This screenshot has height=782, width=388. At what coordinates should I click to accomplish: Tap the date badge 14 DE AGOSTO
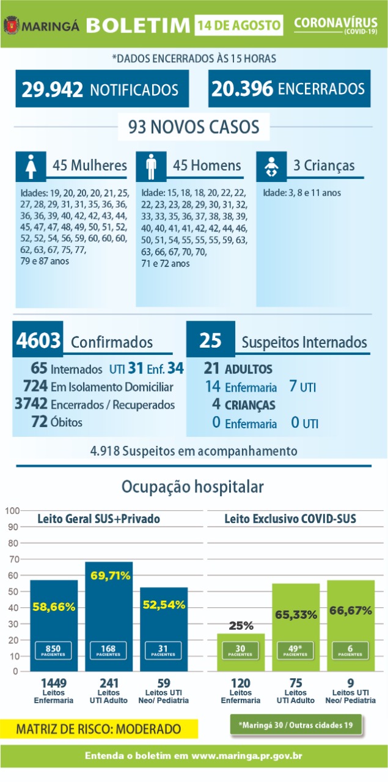(x=240, y=26)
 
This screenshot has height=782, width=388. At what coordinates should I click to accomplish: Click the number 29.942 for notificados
(x=53, y=89)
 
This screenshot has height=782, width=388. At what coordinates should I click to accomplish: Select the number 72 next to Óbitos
(x=40, y=422)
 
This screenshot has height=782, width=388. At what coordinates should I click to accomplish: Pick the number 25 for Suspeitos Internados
(x=210, y=341)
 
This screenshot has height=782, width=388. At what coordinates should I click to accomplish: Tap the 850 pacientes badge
(x=54, y=649)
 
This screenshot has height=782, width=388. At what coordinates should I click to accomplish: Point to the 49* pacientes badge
(x=295, y=649)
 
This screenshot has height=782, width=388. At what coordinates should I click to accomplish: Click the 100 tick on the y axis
(x=12, y=510)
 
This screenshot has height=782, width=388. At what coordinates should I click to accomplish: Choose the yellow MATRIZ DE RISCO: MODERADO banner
(x=98, y=729)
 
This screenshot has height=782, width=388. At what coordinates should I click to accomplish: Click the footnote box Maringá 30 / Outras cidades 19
(x=296, y=725)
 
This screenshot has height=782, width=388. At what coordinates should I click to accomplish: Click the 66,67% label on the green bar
(x=350, y=610)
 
